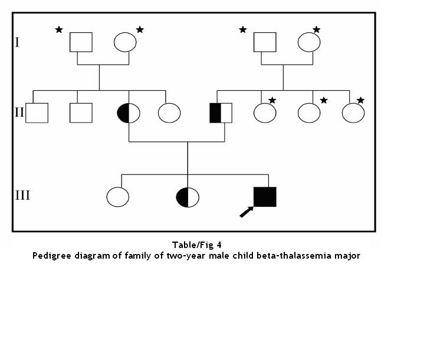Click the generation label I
(18, 42)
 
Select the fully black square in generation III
(264, 197)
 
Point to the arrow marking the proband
(246, 212)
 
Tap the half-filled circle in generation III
(188, 197)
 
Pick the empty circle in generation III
(118, 197)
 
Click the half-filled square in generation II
(221, 112)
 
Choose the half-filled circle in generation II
(129, 112)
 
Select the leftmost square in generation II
(37, 112)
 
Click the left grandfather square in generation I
(81, 42)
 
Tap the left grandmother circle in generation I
(124, 42)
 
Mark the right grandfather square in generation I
(265, 42)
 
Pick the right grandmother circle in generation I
(308, 42)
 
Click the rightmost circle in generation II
(353, 112)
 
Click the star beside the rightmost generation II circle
(361, 100)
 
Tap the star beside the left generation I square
(59, 29)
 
